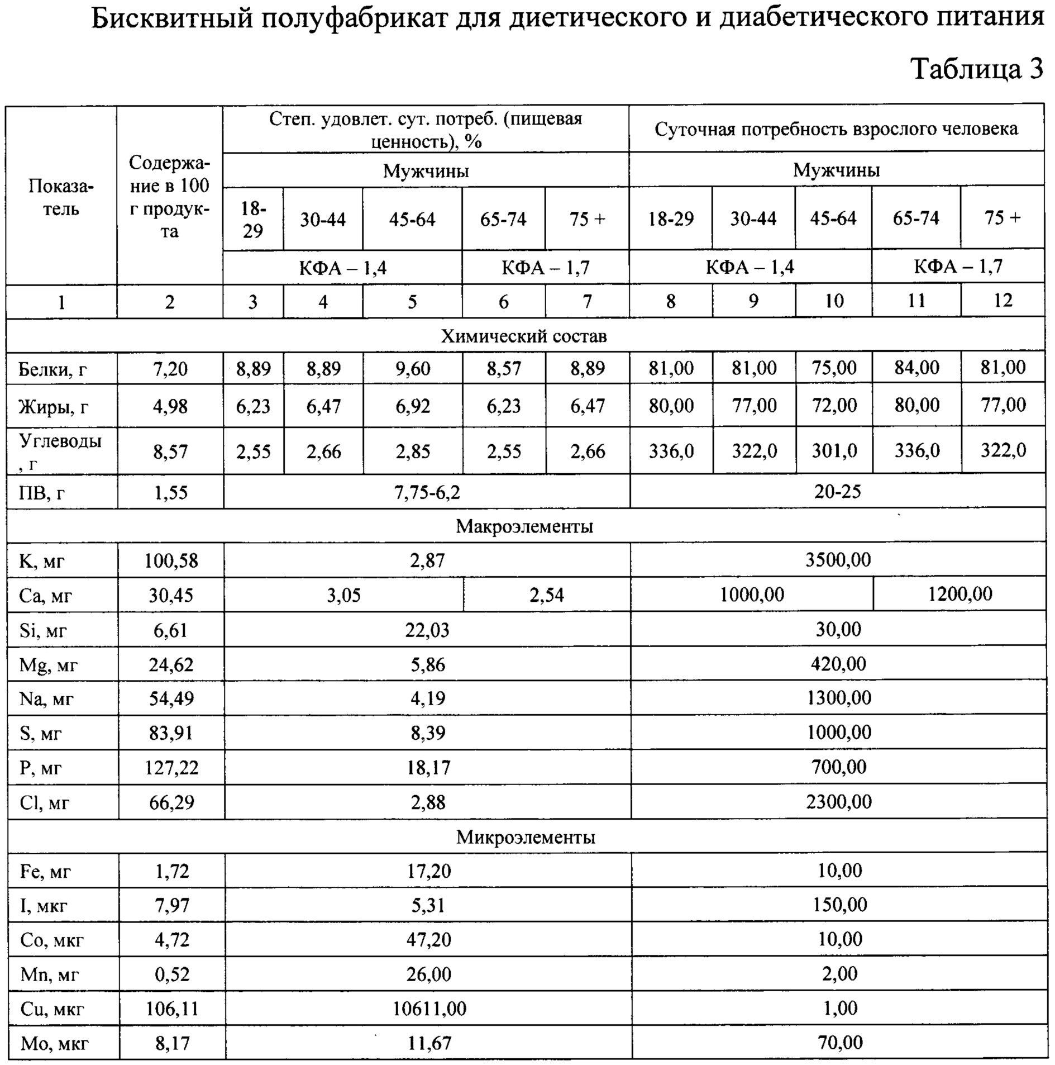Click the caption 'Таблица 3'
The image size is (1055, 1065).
point(977,69)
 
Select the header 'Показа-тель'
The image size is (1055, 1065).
point(61,198)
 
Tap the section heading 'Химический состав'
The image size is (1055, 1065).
point(524,336)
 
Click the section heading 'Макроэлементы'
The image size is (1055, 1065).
point(524,526)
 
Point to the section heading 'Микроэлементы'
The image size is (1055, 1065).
point(525,837)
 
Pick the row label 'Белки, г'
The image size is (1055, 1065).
point(52,369)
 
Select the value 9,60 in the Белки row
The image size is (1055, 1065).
point(412,369)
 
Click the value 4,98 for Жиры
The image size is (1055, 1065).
point(170,406)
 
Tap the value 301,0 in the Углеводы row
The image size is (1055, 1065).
point(834,450)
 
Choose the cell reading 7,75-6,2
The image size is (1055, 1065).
point(427,492)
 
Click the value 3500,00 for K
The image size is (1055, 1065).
point(838,560)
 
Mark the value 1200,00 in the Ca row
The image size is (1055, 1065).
point(959,593)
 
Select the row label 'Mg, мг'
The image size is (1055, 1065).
point(48,665)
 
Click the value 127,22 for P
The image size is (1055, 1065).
point(171,768)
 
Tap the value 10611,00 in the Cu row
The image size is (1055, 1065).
point(429,1009)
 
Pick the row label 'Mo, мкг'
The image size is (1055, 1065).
point(54,1043)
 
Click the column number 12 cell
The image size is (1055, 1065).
point(1003,301)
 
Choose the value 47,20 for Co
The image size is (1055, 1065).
point(428,940)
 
